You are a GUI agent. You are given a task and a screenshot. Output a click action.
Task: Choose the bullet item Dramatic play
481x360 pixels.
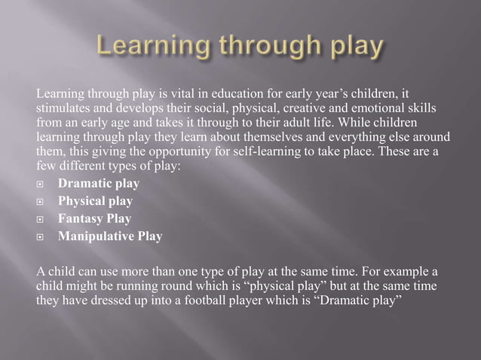point(98,184)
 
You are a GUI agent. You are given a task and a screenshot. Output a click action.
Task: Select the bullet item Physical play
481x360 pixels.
point(95,201)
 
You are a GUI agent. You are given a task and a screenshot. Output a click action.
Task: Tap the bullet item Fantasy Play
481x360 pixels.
point(94,219)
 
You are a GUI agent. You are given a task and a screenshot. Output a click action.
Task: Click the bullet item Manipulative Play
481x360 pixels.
point(109,237)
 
